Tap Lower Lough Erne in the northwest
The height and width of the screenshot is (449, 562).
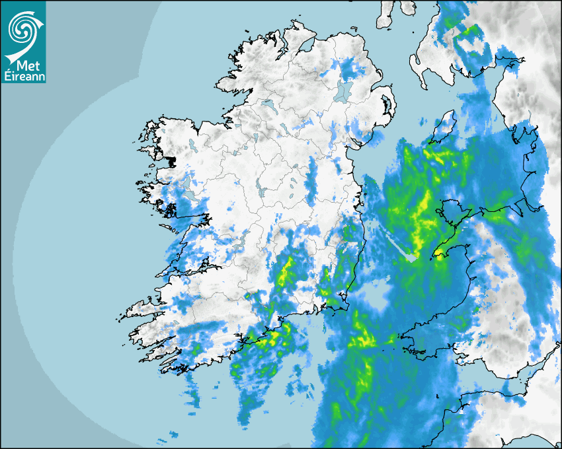[267, 105]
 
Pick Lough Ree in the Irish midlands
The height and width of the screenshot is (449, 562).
[262, 191]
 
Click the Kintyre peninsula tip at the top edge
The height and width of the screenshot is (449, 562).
[387, 17]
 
